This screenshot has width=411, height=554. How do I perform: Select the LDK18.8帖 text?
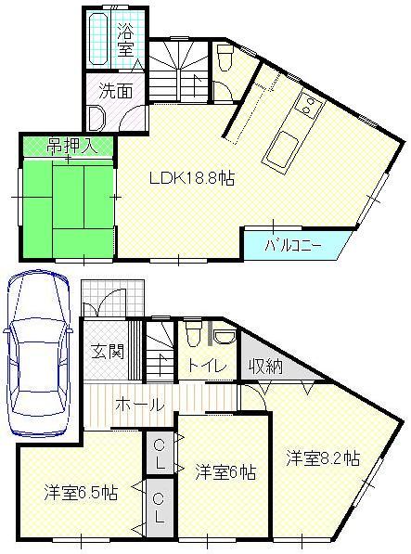pyautogui.click(x=192, y=179)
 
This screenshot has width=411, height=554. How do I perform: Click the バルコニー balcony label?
pyautogui.click(x=292, y=246)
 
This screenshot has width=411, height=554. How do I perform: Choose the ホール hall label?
pyautogui.click(x=140, y=405)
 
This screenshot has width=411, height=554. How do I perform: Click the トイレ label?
pyautogui.click(x=208, y=366)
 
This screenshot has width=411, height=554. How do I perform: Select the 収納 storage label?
pyautogui.click(x=265, y=366)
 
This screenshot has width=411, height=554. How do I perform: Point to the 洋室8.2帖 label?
pyautogui.click(x=322, y=457)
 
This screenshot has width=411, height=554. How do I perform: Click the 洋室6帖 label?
pyautogui.click(x=225, y=471)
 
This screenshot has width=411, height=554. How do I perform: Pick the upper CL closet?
pyautogui.click(x=159, y=452)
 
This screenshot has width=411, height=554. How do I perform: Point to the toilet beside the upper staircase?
pyautogui.click(x=225, y=57)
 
